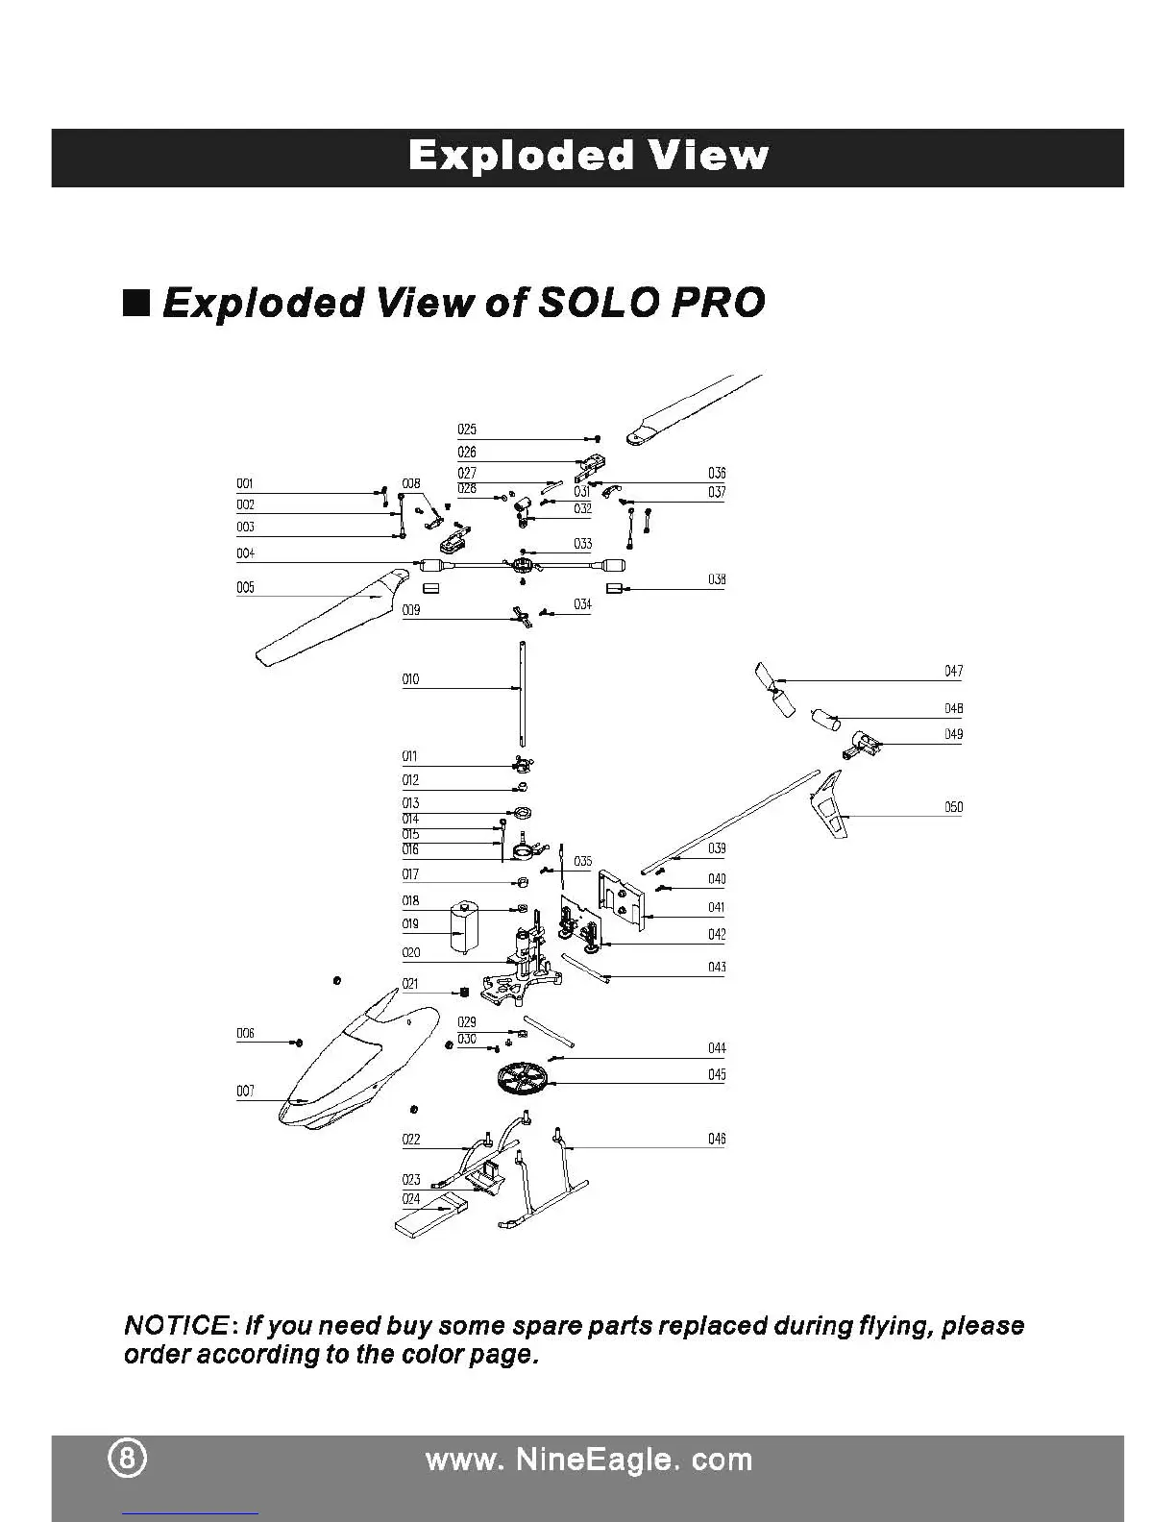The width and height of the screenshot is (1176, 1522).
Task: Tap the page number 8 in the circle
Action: [127, 1459]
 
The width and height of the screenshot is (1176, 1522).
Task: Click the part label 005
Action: [245, 588]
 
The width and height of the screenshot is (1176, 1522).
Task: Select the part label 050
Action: [953, 807]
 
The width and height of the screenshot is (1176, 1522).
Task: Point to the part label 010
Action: [410, 679]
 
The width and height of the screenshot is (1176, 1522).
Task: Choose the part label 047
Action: [953, 671]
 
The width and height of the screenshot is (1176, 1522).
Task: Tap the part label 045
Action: [717, 1074]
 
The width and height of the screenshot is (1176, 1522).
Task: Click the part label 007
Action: [245, 1091]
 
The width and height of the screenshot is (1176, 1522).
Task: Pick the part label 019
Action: [410, 923]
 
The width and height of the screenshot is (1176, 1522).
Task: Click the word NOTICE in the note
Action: [176, 1326]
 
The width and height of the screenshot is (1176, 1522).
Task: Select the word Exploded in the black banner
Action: [521, 156]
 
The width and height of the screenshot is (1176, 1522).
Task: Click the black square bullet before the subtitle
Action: [137, 303]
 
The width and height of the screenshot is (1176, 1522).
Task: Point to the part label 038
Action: [717, 579]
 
